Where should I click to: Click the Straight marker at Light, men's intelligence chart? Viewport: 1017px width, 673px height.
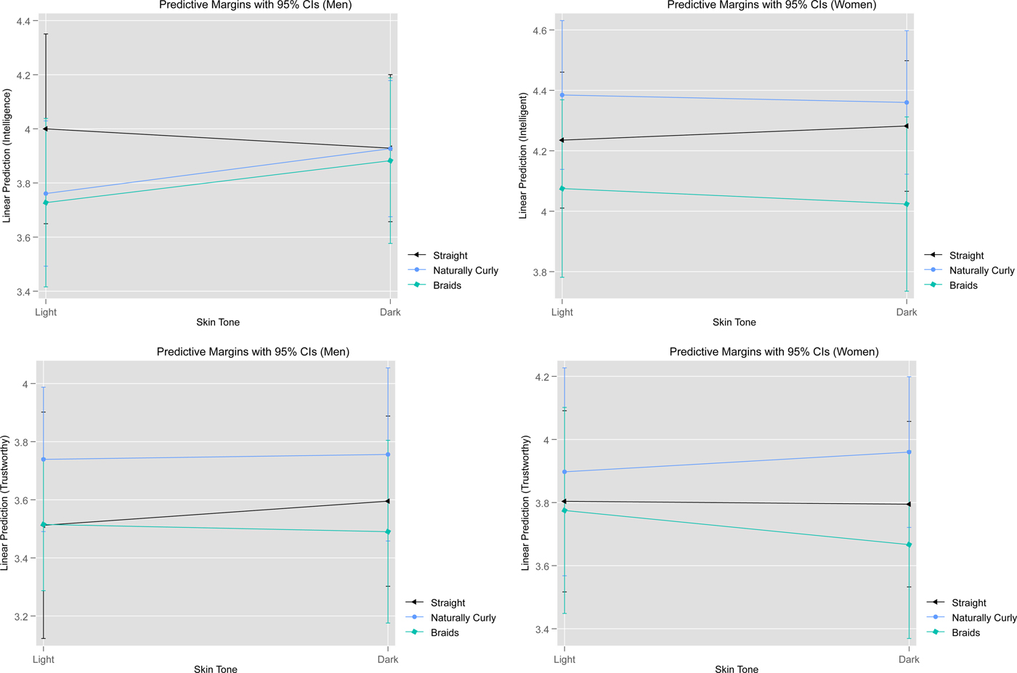[x=46, y=129]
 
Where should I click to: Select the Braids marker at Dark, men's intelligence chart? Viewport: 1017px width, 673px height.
[x=390, y=160]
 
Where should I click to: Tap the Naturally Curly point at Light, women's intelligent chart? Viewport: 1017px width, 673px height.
[x=562, y=95]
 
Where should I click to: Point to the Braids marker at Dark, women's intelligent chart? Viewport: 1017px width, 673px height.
[x=907, y=204]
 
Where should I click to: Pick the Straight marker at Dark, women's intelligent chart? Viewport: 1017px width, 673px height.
[x=906, y=126]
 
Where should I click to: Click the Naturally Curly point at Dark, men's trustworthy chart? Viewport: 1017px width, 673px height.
[x=388, y=454]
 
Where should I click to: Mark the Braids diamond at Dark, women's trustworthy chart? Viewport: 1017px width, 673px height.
[x=909, y=544]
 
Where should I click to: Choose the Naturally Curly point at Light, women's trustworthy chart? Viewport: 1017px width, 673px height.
[x=564, y=472]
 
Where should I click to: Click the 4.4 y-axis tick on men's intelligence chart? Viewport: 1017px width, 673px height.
[x=23, y=21]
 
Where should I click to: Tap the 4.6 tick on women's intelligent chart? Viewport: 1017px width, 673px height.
[x=539, y=30]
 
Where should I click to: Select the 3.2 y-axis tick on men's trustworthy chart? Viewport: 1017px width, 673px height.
[x=20, y=616]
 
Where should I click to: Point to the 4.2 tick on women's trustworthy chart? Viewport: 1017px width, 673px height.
[x=541, y=377]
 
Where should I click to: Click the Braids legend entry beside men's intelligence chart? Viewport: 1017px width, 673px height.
[x=447, y=285]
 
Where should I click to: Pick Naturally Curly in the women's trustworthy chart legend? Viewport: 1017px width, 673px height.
[x=984, y=618]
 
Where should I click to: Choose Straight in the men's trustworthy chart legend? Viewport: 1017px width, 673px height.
[x=447, y=603]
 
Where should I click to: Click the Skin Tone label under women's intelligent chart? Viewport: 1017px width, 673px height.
[x=734, y=322]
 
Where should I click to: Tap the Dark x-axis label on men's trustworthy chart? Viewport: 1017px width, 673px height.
[x=388, y=659]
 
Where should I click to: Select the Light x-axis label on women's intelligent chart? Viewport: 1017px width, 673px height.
[x=562, y=312]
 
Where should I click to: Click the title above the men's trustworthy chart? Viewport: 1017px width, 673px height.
[x=253, y=352]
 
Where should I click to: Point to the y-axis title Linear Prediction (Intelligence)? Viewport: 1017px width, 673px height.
[x=7, y=155]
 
